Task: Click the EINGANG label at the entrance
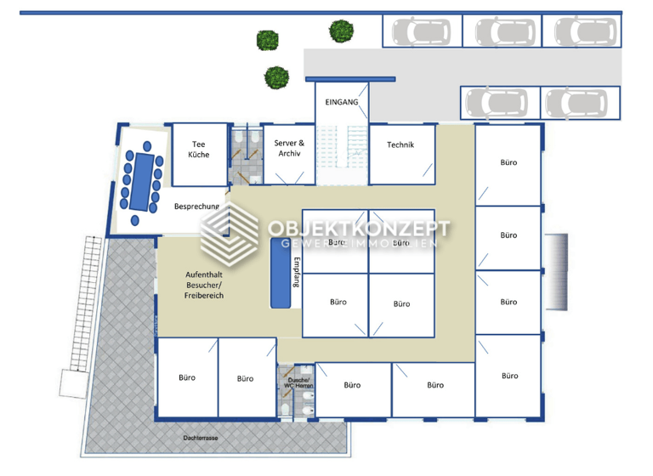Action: click(x=342, y=102)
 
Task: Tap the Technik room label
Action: click(x=400, y=144)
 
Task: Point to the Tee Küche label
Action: click(x=198, y=150)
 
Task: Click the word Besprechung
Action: click(x=197, y=207)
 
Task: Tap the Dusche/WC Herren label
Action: click(x=300, y=383)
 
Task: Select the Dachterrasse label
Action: click(x=200, y=439)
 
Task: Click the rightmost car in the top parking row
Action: click(x=582, y=32)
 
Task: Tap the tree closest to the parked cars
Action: click(x=342, y=31)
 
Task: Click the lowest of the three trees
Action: click(x=275, y=77)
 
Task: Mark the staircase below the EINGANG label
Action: click(x=342, y=154)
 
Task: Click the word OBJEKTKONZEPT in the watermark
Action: click(x=359, y=229)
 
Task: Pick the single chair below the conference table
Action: click(x=137, y=221)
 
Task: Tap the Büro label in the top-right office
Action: click(x=508, y=162)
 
